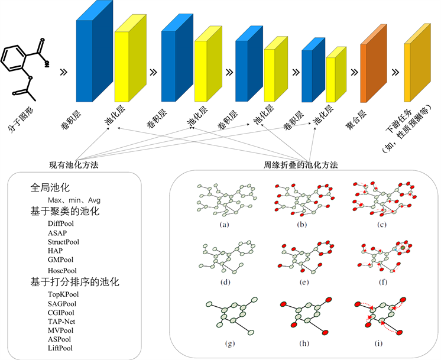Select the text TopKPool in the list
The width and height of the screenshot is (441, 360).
(x=63, y=294)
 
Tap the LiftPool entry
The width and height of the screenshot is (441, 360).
(x=61, y=348)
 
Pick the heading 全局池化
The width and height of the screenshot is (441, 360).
(x=50, y=188)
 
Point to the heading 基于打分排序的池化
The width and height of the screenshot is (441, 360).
(x=75, y=282)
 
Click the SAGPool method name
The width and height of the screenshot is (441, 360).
(x=62, y=303)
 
